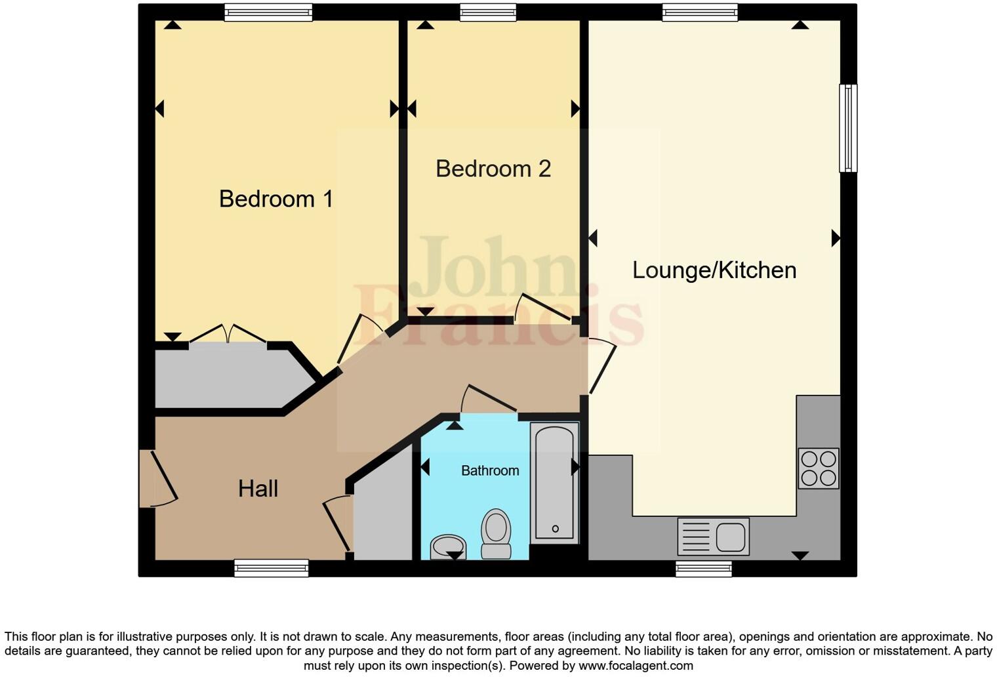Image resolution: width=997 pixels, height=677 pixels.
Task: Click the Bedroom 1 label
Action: [275, 199]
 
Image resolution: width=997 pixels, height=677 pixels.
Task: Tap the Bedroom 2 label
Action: [493, 169]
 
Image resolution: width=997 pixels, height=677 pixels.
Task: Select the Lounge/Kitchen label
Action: [714, 270]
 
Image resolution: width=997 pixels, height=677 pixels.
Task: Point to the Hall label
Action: [258, 489]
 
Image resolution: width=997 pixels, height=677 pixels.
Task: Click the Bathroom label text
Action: [489, 470]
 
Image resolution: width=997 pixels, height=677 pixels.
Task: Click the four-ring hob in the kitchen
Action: [818, 468]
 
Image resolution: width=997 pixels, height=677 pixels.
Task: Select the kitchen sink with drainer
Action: [713, 537]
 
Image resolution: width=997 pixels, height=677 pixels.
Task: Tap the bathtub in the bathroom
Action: [554, 482]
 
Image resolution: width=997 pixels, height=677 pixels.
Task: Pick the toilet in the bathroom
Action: [496, 533]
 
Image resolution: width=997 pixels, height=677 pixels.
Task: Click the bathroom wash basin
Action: [448, 546]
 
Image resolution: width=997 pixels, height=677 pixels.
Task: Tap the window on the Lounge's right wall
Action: [848, 128]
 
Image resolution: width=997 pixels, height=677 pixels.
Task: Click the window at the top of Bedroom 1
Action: [268, 12]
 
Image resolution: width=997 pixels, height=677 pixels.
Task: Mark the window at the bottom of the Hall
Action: [272, 568]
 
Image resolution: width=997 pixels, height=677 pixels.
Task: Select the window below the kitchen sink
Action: [704, 569]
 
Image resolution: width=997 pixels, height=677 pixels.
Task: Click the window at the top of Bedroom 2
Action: [487, 12]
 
